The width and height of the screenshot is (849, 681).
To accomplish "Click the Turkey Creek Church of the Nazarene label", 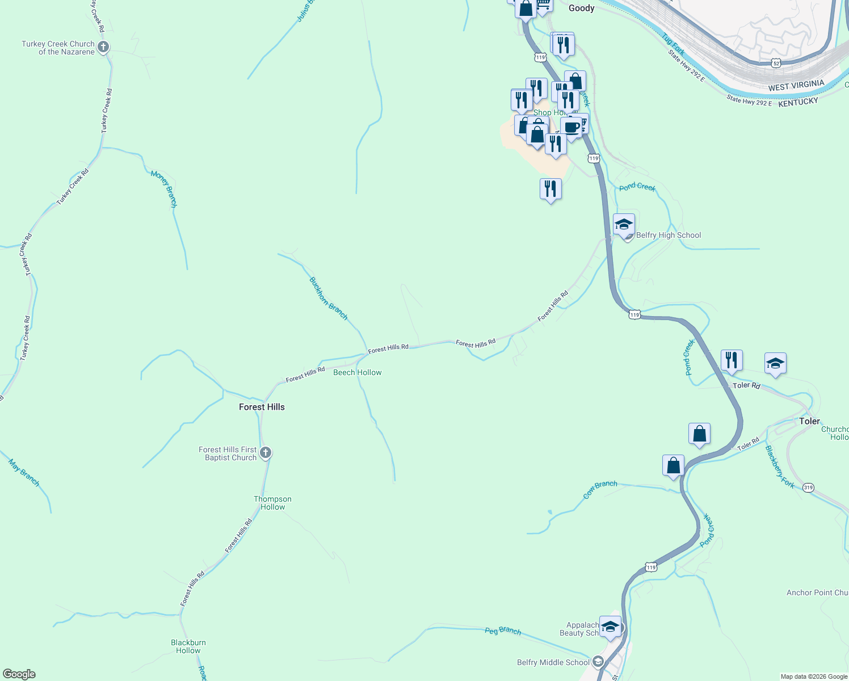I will [58, 48].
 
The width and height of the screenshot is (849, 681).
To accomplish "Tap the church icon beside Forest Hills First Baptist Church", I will [266, 453].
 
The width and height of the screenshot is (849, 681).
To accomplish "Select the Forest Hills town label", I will [262, 407].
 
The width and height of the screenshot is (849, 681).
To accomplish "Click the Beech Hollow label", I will [357, 372].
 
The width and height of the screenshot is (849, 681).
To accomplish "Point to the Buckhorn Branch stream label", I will [329, 299].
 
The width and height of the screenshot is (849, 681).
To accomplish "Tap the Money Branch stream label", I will [164, 188].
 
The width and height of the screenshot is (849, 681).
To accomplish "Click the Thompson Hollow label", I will [272, 503].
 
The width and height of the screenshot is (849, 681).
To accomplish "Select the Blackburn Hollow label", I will [188, 646].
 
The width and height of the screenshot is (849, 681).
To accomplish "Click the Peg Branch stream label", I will [503, 630].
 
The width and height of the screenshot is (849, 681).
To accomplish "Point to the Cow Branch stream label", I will [600, 489].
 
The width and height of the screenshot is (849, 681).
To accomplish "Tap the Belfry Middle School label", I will [553, 662].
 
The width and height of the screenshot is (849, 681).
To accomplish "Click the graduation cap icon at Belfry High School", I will [624, 224].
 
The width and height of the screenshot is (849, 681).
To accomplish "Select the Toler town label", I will [809, 421].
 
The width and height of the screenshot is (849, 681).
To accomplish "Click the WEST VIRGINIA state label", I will [796, 86].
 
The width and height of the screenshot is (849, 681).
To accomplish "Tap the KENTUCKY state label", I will [798, 102].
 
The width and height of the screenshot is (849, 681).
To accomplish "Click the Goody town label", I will [582, 8].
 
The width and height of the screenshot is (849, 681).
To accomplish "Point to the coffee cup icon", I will [572, 127].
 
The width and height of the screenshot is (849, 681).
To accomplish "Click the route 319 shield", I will [809, 487].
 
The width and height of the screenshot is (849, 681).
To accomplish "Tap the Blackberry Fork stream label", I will [780, 466].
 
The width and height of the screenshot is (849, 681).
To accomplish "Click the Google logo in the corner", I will [19, 674].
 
